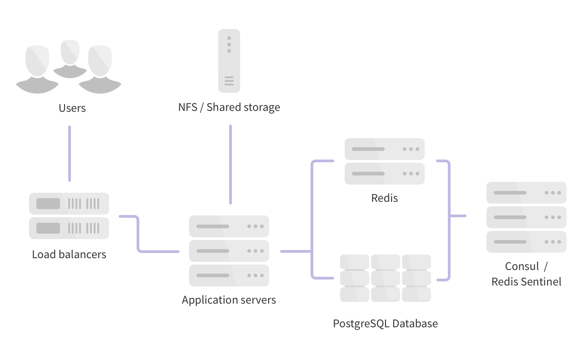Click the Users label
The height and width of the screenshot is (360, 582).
click(x=72, y=108)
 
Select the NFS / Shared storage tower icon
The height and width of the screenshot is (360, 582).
click(x=229, y=61)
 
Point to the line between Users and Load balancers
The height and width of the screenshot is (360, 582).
click(x=70, y=153)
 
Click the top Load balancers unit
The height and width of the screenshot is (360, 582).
click(x=69, y=203)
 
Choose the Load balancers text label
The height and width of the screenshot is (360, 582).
click(x=69, y=254)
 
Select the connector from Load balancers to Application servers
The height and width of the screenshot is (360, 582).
click(x=138, y=234)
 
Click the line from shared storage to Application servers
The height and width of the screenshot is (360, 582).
click(x=230, y=164)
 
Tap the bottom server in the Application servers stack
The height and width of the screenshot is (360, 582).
click(x=229, y=275)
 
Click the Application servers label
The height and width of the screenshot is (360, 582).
click(x=229, y=300)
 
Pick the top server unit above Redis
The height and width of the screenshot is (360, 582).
click(x=385, y=149)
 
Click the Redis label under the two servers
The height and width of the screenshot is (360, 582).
click(x=385, y=198)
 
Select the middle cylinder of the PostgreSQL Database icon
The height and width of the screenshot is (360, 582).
click(x=386, y=278)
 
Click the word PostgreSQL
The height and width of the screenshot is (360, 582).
click(x=361, y=324)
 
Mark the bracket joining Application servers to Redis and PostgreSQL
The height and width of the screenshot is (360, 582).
click(x=312, y=218)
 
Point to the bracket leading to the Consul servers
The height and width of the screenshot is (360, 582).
click(x=449, y=215)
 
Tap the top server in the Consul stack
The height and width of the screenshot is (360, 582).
click(x=527, y=193)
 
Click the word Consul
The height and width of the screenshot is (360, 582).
click(x=522, y=266)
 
